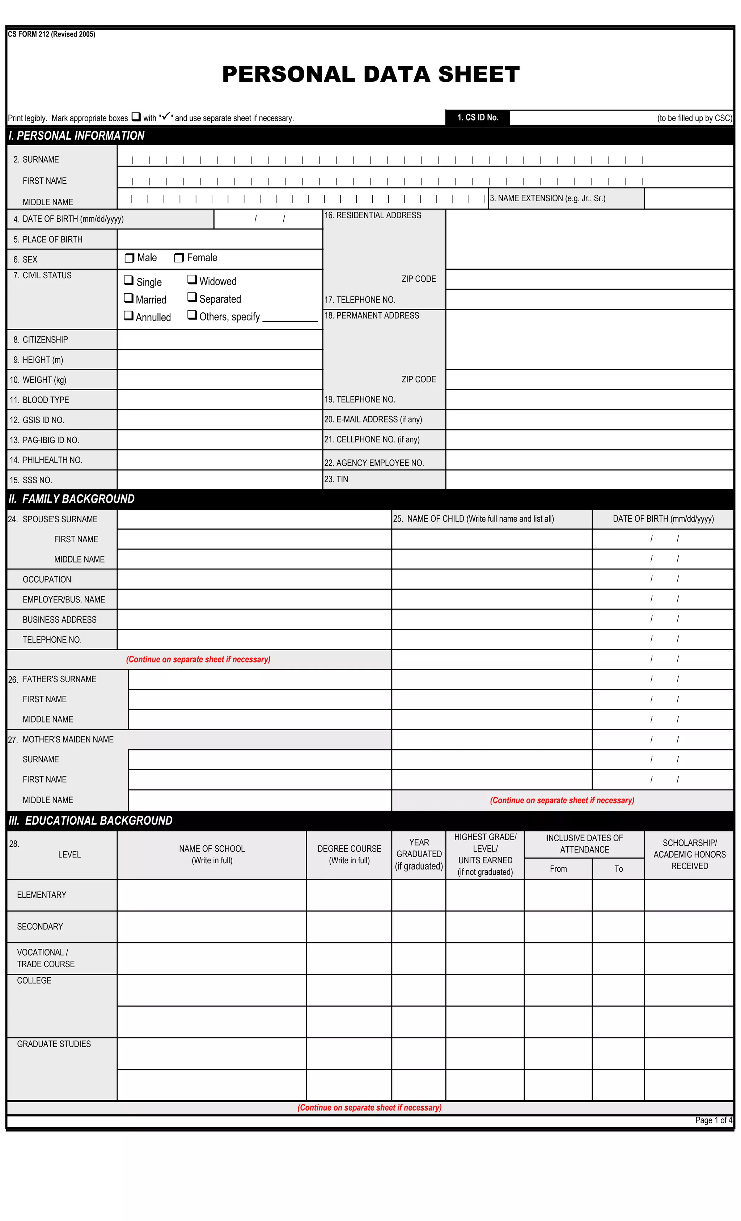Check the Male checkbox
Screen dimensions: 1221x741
[x=129, y=258]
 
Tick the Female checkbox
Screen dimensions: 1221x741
[x=179, y=258]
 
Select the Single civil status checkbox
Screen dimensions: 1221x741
[x=128, y=281]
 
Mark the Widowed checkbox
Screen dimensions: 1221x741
[x=192, y=279]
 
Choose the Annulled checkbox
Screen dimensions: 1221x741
[x=128, y=315]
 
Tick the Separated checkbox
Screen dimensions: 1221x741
[x=192, y=297]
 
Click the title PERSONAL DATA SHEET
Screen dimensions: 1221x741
[x=370, y=74]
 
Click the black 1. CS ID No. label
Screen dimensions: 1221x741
[x=478, y=117]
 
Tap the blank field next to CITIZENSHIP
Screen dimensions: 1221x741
[x=219, y=340]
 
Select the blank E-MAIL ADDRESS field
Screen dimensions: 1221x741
[x=589, y=420]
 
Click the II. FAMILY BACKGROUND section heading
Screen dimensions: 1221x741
[x=72, y=499]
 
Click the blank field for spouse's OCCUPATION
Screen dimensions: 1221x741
[x=254, y=579]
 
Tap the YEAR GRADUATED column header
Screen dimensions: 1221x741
[x=419, y=854]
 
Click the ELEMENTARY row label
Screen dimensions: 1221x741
[x=42, y=895]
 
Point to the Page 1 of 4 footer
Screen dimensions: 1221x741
[x=713, y=1120]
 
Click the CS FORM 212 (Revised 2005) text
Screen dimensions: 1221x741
[x=51, y=34]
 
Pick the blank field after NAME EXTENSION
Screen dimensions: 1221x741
[x=689, y=199]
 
